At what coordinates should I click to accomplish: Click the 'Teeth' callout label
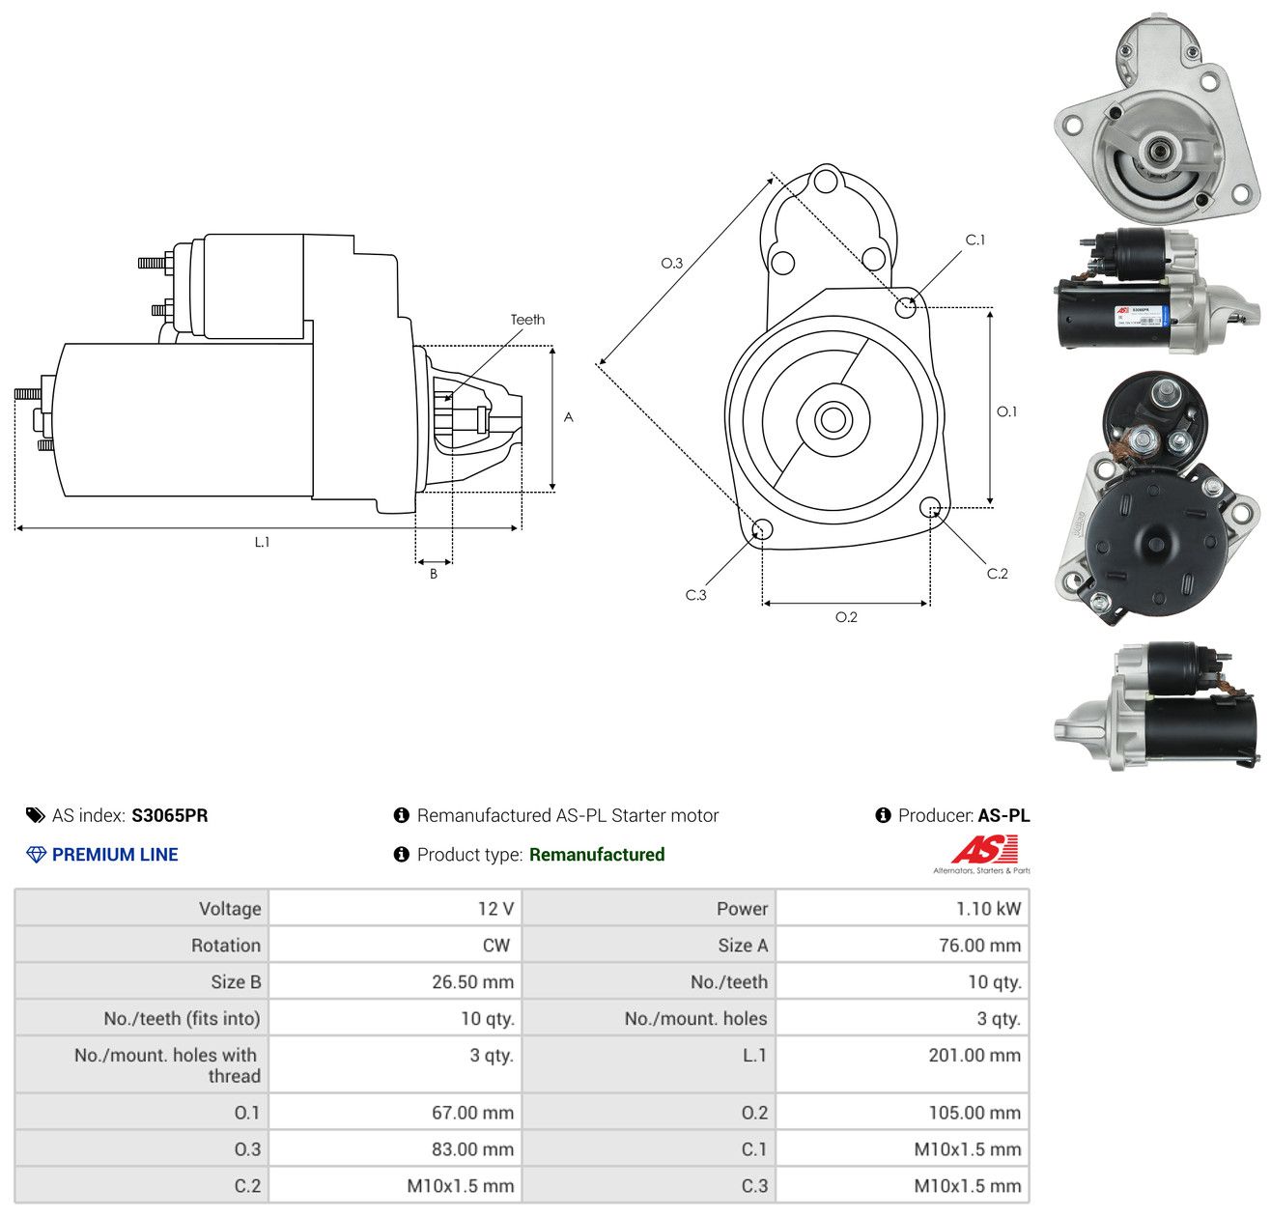point(527,320)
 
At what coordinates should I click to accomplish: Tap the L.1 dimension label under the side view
point(262,542)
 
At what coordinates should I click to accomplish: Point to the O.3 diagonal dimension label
point(671,263)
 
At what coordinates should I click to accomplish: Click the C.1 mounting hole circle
point(905,307)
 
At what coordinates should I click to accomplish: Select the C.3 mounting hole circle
point(762,529)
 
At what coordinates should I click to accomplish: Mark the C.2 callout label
point(997,574)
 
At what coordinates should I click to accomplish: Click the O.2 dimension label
point(846,617)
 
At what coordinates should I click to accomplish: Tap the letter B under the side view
point(433,574)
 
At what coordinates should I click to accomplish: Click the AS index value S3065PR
point(170,815)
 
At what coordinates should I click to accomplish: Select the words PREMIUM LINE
point(115,855)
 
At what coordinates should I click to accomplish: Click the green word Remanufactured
point(596,855)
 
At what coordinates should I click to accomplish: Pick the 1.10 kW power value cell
point(903,908)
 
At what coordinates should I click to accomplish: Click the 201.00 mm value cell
point(903,1064)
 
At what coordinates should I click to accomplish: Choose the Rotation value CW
point(495,946)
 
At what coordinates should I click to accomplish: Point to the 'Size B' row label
point(236,982)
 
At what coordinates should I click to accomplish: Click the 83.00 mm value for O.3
point(472,1149)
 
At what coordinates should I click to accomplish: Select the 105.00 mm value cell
point(903,1113)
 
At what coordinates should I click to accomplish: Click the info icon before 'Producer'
point(883,815)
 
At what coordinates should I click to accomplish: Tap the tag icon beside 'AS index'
point(36,815)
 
